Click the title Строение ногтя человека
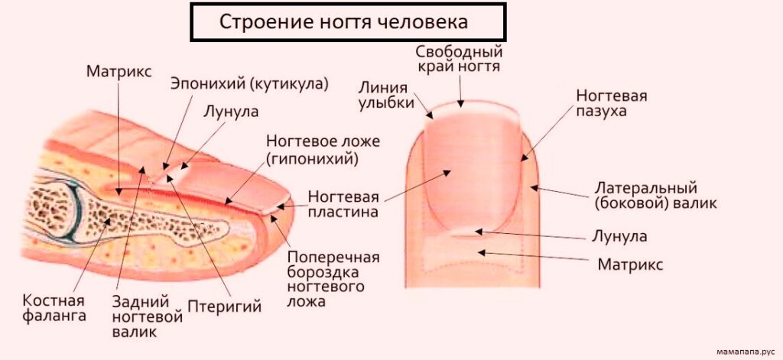pyautogui.click(x=343, y=22)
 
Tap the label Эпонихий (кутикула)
pyautogui.click(x=250, y=83)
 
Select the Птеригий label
pyautogui.click(x=224, y=306)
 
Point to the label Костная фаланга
pyautogui.click(x=54, y=308)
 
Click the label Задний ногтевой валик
pyautogui.click(x=147, y=316)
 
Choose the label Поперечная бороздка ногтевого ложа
pyautogui.click(x=333, y=279)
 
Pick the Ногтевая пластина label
pyautogui.click(x=343, y=203)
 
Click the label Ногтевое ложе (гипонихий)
pyautogui.click(x=323, y=149)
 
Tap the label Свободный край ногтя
pyautogui.click(x=459, y=58)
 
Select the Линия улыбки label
pyautogui.click(x=386, y=95)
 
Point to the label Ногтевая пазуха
pyautogui.click(x=611, y=103)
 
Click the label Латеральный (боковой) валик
pyautogui.click(x=655, y=196)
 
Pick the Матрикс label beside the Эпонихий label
pyautogui.click(x=119, y=71)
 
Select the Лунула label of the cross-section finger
pyautogui.click(x=231, y=111)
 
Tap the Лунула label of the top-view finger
pyautogui.click(x=619, y=236)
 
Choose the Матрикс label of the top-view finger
pyautogui.click(x=630, y=264)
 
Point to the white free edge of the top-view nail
pyautogui.click(x=472, y=109)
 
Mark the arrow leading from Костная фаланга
pyautogui.click(x=92, y=255)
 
